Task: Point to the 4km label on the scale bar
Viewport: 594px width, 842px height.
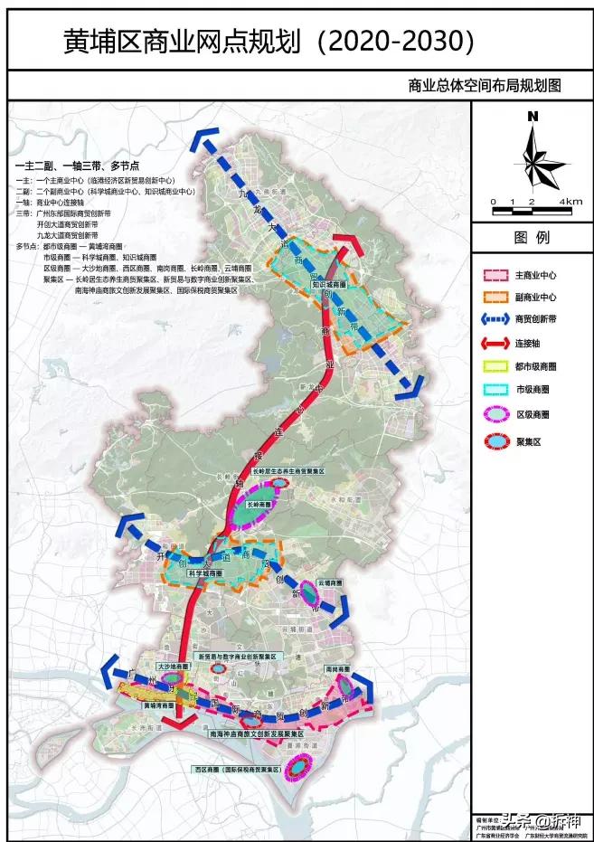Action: click(x=570, y=201)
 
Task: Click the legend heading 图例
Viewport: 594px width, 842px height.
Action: click(x=532, y=238)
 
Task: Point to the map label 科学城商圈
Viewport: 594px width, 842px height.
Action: click(x=204, y=573)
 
